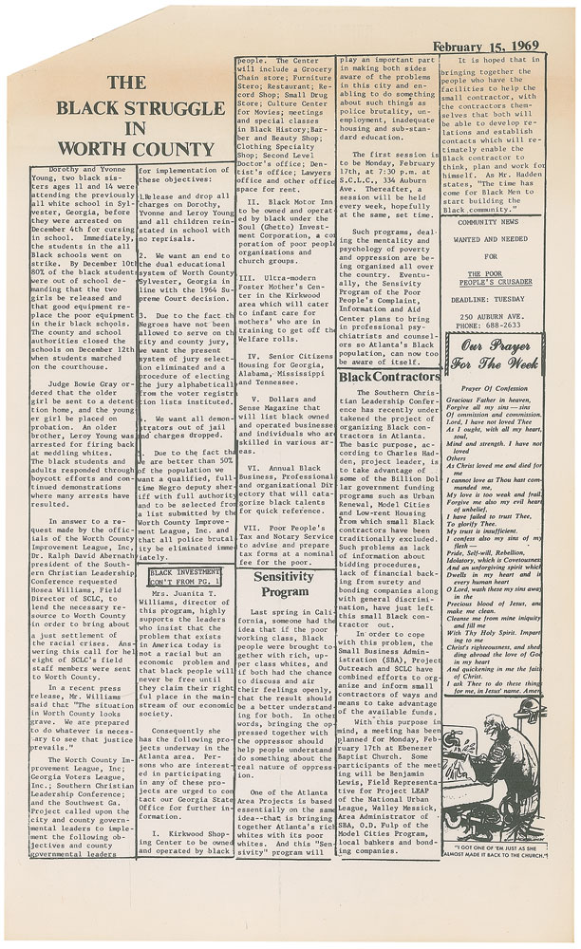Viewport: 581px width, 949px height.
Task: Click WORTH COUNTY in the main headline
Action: [119, 148]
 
